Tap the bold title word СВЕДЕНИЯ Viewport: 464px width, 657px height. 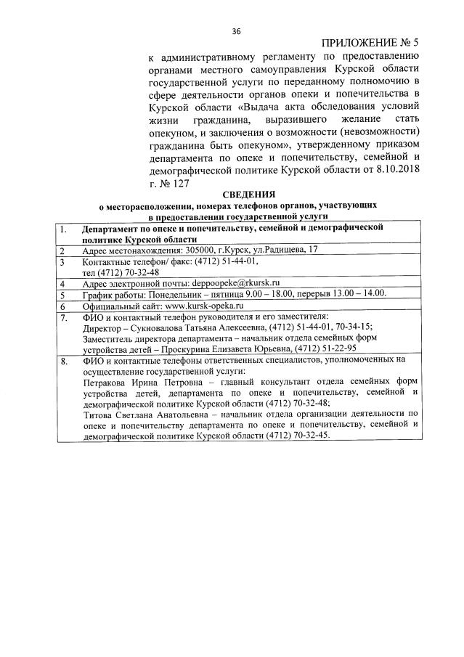coord(248,195)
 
